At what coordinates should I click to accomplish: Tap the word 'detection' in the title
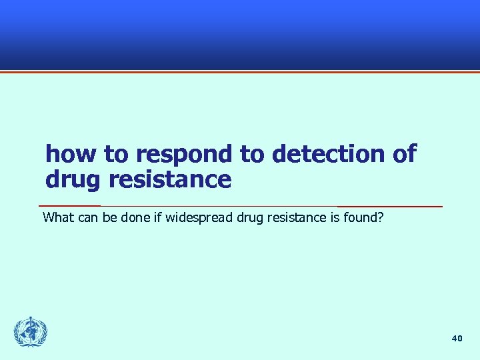click(x=328, y=155)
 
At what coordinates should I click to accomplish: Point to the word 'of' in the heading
click(x=405, y=155)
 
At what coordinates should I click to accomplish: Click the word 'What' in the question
click(x=57, y=217)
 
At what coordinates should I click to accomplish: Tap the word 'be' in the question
click(x=109, y=217)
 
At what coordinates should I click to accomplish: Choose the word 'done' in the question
click(x=133, y=217)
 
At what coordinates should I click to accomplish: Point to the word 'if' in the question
click(x=157, y=217)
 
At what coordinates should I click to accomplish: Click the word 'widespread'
click(x=199, y=217)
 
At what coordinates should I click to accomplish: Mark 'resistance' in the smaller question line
click(x=297, y=217)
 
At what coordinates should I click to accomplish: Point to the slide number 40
click(x=457, y=339)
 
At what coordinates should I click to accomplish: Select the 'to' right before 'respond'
click(x=117, y=155)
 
